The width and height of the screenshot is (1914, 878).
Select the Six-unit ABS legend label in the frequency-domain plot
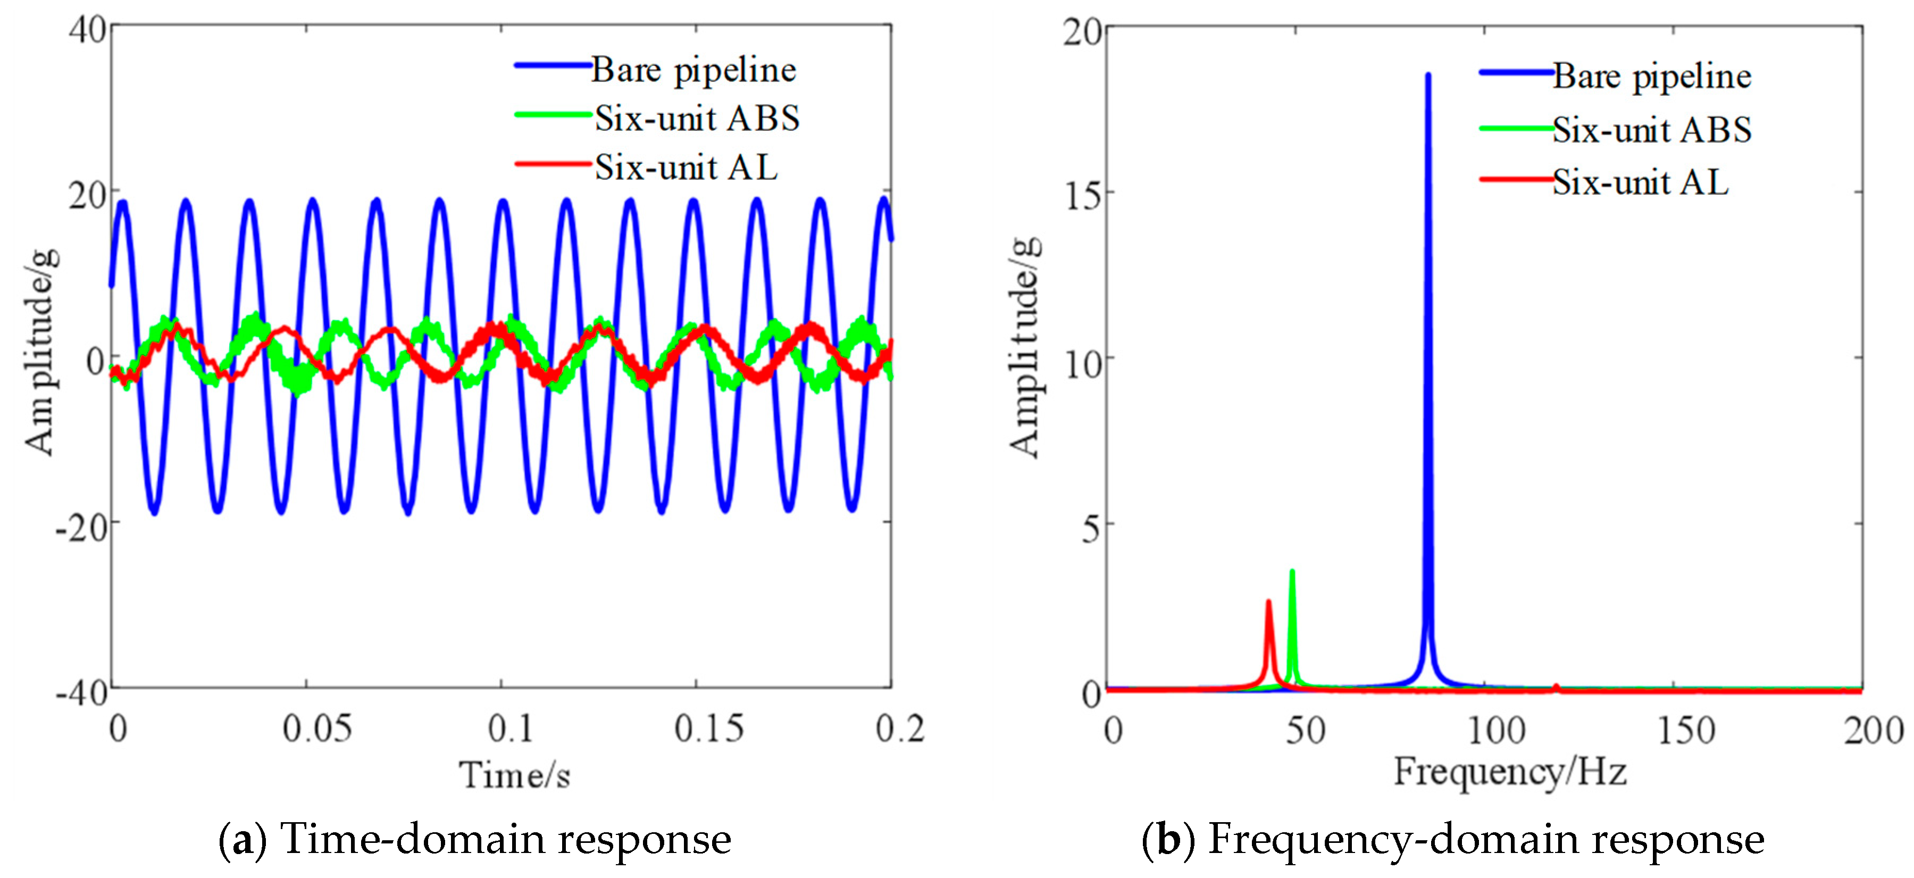1652,130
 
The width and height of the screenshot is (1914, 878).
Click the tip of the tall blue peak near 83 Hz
1427,75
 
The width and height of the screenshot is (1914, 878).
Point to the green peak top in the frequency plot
1292,571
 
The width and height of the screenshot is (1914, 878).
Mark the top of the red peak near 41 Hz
1268,601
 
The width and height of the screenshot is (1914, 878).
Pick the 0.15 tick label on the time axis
708,729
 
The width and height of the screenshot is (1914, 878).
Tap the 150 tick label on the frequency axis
1686,730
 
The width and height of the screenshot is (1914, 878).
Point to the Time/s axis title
514,775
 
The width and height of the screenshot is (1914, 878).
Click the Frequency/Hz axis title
1509,771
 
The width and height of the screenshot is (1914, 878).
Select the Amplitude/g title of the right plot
1025,347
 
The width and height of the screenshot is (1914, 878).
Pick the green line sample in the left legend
553,114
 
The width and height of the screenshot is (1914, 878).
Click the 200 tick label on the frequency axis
1873,730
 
